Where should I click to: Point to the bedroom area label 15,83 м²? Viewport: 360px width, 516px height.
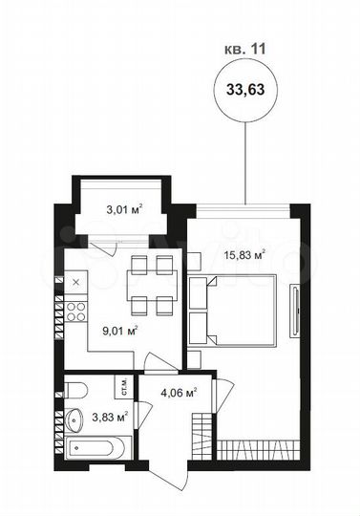(x=244, y=254)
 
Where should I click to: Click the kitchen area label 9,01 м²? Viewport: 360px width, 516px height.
(x=120, y=332)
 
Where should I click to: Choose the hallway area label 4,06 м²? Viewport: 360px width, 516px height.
(x=179, y=391)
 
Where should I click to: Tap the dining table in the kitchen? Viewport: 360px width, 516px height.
(x=152, y=285)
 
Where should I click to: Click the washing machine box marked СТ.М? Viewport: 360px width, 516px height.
(x=123, y=386)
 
